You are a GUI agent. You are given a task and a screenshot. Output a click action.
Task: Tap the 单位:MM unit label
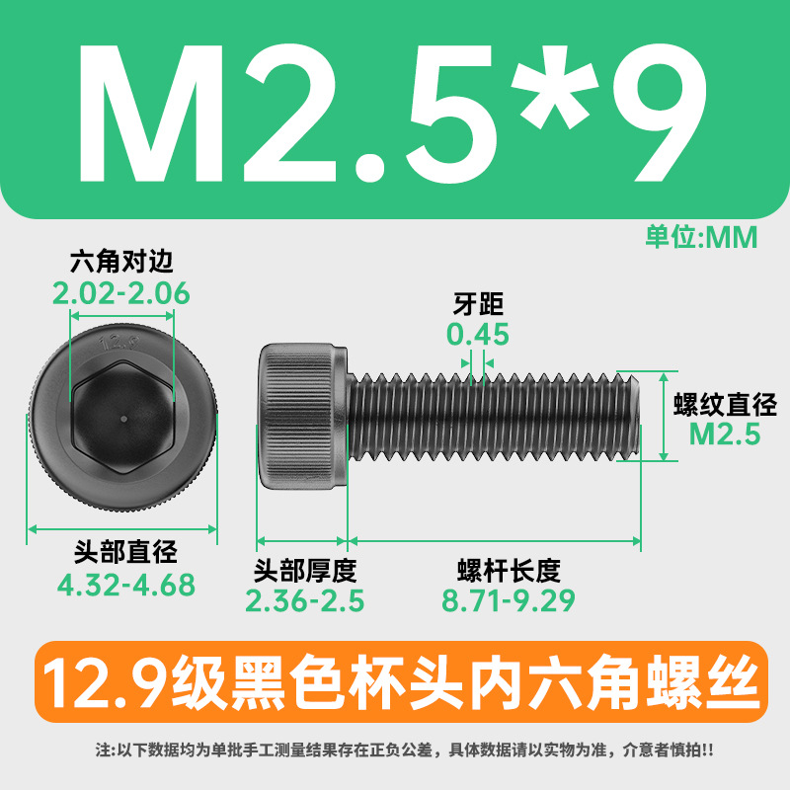click(x=701, y=237)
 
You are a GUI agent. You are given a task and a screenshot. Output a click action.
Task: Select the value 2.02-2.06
click(x=120, y=293)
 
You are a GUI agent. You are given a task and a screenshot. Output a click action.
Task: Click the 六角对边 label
click(x=121, y=261)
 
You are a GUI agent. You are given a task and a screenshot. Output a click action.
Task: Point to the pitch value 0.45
click(x=478, y=334)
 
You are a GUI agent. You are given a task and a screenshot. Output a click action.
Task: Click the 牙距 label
click(x=478, y=304)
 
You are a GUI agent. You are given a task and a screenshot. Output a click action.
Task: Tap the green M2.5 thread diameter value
click(x=725, y=434)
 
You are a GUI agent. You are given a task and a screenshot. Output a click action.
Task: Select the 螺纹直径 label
click(x=725, y=405)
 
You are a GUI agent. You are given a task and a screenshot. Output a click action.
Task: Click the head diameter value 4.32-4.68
click(x=126, y=585)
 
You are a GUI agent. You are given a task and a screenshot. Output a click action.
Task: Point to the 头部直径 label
click(x=126, y=552)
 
